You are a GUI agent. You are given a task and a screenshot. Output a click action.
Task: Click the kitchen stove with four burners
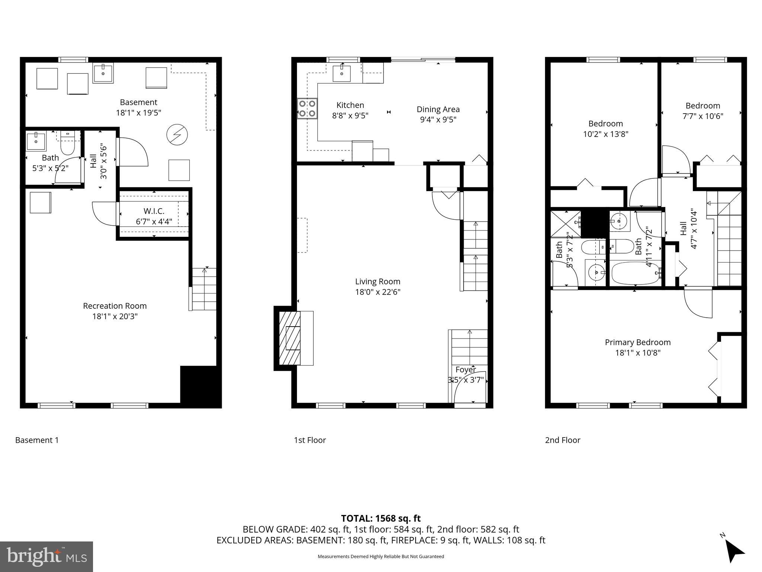coord(307,108)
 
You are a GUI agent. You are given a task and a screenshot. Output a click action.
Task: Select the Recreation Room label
coord(115,306)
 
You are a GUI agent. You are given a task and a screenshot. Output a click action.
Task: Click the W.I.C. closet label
coord(154,212)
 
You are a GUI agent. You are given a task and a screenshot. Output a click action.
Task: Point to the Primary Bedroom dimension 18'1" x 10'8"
coord(637,353)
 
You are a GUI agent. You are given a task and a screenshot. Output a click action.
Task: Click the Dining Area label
coord(438,109)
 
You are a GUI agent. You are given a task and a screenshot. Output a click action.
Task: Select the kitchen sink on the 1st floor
coord(342,73)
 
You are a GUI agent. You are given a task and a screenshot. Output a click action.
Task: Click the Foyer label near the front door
coord(465,370)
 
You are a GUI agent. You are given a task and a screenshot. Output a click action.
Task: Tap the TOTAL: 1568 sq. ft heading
coord(381,518)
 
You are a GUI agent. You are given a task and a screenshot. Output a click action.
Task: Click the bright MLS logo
coord(47,556)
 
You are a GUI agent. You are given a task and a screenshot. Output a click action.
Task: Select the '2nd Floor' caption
coord(562,440)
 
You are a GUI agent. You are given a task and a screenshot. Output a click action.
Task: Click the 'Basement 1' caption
coord(37,440)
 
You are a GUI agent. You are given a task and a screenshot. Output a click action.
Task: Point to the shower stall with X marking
coord(565,224)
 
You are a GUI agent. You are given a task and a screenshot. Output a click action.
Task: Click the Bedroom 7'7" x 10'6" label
coord(702,106)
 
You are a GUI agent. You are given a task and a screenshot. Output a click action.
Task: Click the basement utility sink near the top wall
coord(103,73)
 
